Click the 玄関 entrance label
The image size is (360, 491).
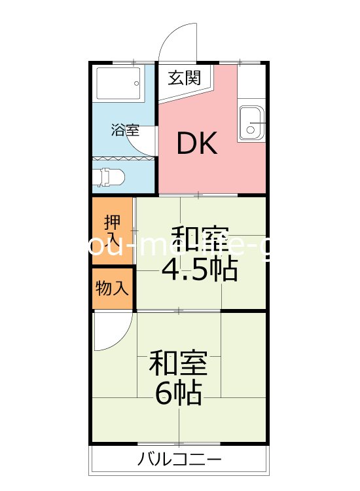184,79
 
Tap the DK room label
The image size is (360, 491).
197,143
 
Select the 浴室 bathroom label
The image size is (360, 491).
125,130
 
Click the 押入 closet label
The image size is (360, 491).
112,230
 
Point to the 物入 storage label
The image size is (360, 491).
112,287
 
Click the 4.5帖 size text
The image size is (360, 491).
199,269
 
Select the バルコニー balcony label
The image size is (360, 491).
179,460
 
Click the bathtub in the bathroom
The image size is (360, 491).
118,83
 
